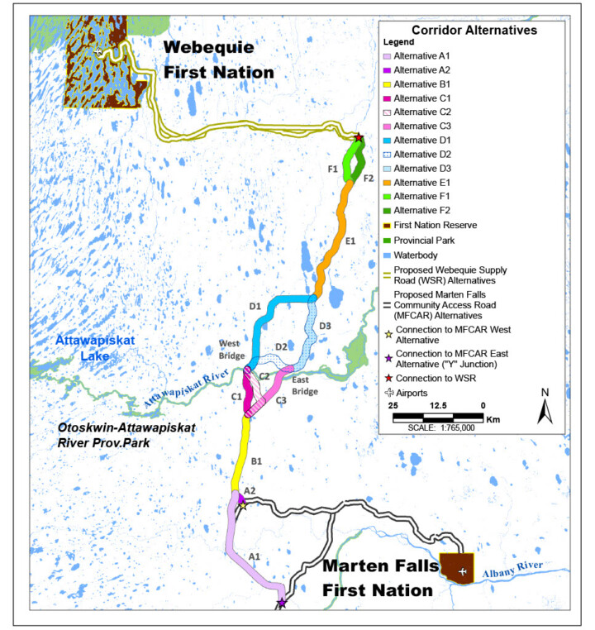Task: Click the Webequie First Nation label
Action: point(218,59)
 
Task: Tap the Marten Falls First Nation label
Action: point(378,578)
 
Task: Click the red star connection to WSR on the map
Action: point(359,138)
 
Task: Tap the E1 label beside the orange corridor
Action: point(350,241)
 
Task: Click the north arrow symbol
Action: point(543,408)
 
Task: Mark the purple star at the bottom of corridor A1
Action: point(282,604)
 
